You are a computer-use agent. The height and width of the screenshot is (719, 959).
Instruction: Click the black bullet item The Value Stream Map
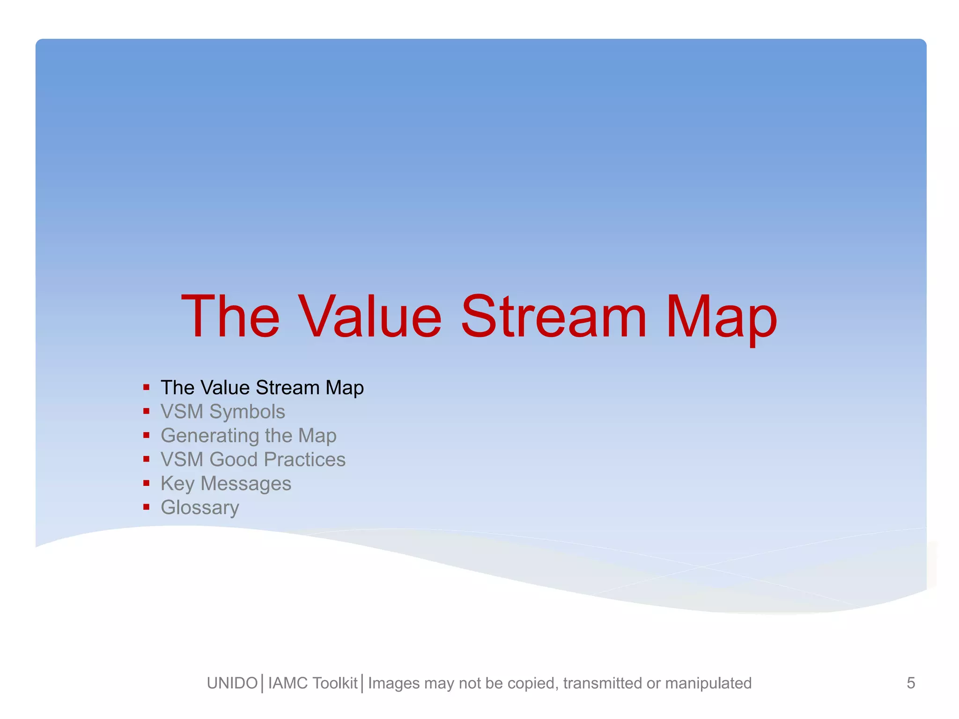click(x=262, y=388)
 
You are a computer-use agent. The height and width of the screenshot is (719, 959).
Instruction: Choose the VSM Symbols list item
click(x=222, y=412)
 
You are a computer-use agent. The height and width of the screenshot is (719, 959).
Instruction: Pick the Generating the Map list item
click(x=248, y=436)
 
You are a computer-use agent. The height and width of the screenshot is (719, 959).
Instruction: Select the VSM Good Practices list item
click(x=253, y=460)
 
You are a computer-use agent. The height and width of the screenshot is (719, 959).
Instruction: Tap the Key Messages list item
click(x=226, y=484)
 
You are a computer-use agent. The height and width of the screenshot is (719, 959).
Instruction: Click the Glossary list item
click(x=200, y=507)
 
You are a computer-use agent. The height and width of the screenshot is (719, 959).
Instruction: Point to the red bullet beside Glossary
click(x=147, y=506)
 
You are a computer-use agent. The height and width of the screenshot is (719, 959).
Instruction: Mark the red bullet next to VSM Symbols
click(x=147, y=411)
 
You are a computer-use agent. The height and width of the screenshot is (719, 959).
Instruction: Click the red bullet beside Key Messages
click(x=147, y=483)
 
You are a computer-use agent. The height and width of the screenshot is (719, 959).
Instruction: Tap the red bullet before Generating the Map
click(x=147, y=435)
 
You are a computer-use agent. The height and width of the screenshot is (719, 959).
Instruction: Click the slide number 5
click(x=911, y=683)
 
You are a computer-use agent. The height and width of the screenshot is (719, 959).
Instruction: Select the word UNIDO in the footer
click(x=232, y=683)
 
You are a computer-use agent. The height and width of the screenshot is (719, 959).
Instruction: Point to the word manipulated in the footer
click(x=708, y=683)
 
